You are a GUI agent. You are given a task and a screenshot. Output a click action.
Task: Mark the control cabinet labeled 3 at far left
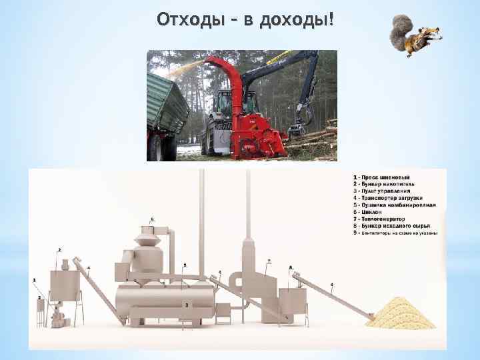40,309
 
